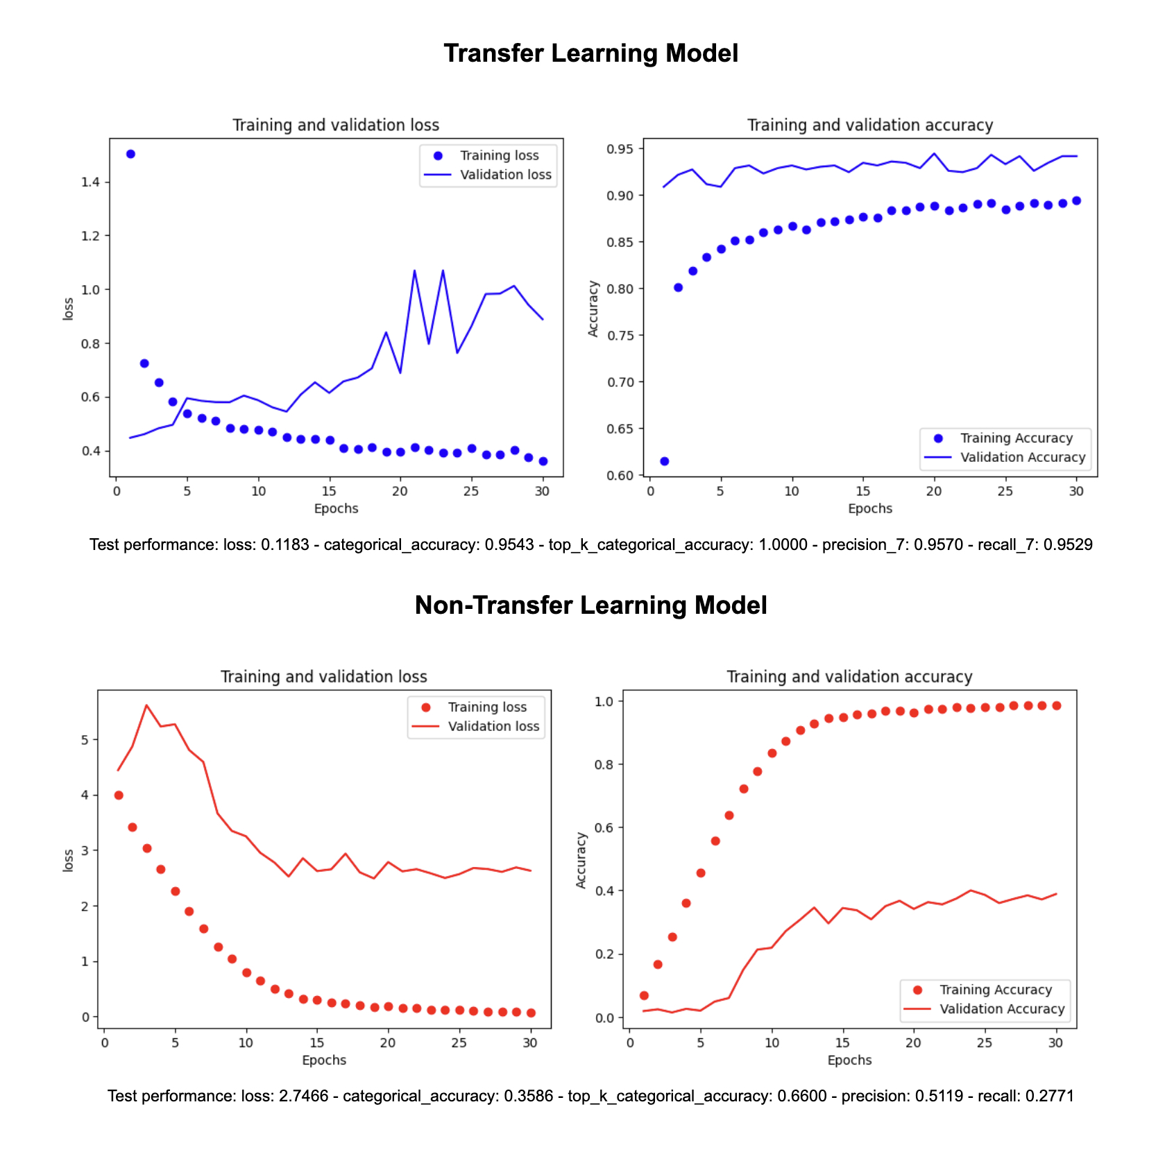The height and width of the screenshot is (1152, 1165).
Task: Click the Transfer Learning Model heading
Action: (x=590, y=53)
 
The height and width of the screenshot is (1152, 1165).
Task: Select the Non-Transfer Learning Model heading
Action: (x=590, y=605)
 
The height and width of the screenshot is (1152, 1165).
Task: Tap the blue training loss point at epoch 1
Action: (x=130, y=154)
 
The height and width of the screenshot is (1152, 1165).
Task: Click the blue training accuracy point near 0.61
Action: (x=664, y=461)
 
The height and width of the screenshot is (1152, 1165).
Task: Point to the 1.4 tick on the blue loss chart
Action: (x=90, y=182)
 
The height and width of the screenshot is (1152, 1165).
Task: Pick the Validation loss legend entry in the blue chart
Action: (x=505, y=175)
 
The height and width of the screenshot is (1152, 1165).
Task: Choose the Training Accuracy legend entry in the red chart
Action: (x=995, y=990)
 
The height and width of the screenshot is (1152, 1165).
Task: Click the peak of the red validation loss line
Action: (x=146, y=705)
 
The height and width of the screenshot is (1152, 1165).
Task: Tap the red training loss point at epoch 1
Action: (x=119, y=796)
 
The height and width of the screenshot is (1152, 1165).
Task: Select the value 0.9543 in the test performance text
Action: (x=509, y=545)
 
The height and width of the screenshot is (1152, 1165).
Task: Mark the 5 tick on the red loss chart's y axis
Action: (x=85, y=740)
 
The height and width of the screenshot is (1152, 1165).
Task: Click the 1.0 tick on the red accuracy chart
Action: (x=604, y=702)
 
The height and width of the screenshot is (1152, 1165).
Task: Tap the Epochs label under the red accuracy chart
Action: (x=849, y=1060)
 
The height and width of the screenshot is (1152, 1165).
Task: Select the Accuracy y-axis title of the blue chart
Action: (x=593, y=309)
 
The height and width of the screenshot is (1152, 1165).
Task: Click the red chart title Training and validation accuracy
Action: (x=849, y=677)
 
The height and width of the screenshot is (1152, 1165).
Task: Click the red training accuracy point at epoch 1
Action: (x=644, y=995)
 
